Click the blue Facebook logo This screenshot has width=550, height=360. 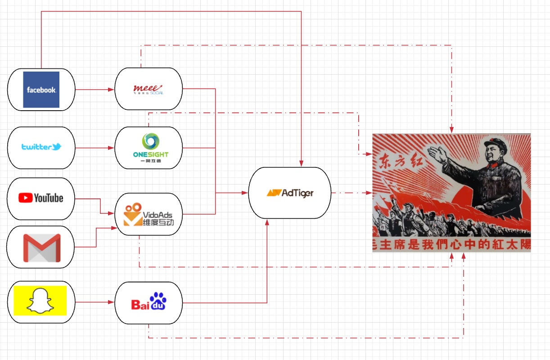[41, 90]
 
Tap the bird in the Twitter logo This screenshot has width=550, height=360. [56, 147]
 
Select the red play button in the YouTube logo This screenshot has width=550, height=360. [25, 198]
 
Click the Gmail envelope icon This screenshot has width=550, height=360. [41, 248]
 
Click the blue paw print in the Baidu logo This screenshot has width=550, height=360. [158, 300]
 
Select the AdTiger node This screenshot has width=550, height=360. [290, 193]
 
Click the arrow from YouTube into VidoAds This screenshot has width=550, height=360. [100, 206]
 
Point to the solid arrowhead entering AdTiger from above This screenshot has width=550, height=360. [301, 162]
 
